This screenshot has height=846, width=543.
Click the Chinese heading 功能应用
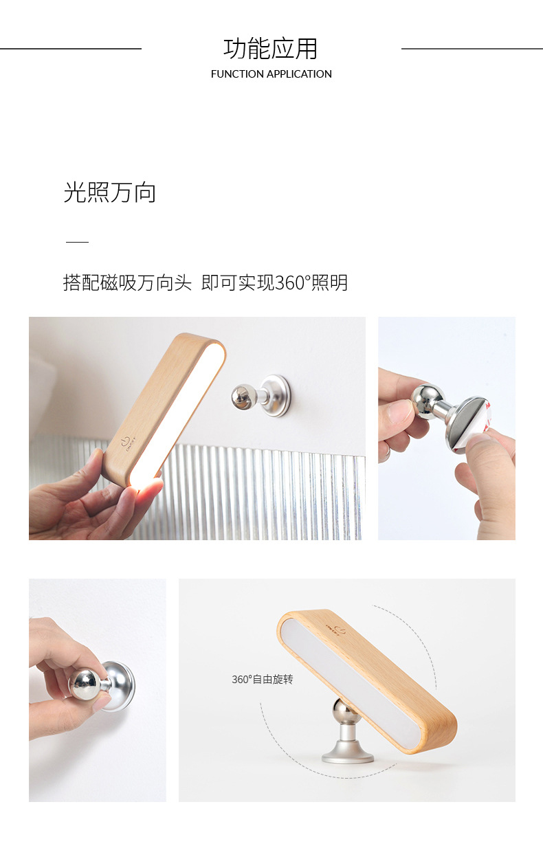click(x=270, y=49)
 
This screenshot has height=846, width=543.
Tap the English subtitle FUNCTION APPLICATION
click(x=271, y=74)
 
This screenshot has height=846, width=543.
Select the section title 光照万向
click(x=109, y=192)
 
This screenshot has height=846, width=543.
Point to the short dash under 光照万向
click(x=77, y=242)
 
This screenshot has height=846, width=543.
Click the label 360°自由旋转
click(x=263, y=680)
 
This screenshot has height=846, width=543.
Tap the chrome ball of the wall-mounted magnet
click(x=243, y=396)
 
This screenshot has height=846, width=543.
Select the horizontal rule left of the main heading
click(x=71, y=48)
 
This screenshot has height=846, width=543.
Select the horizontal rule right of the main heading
click(x=472, y=48)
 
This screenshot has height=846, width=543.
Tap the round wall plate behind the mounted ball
click(x=278, y=396)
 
